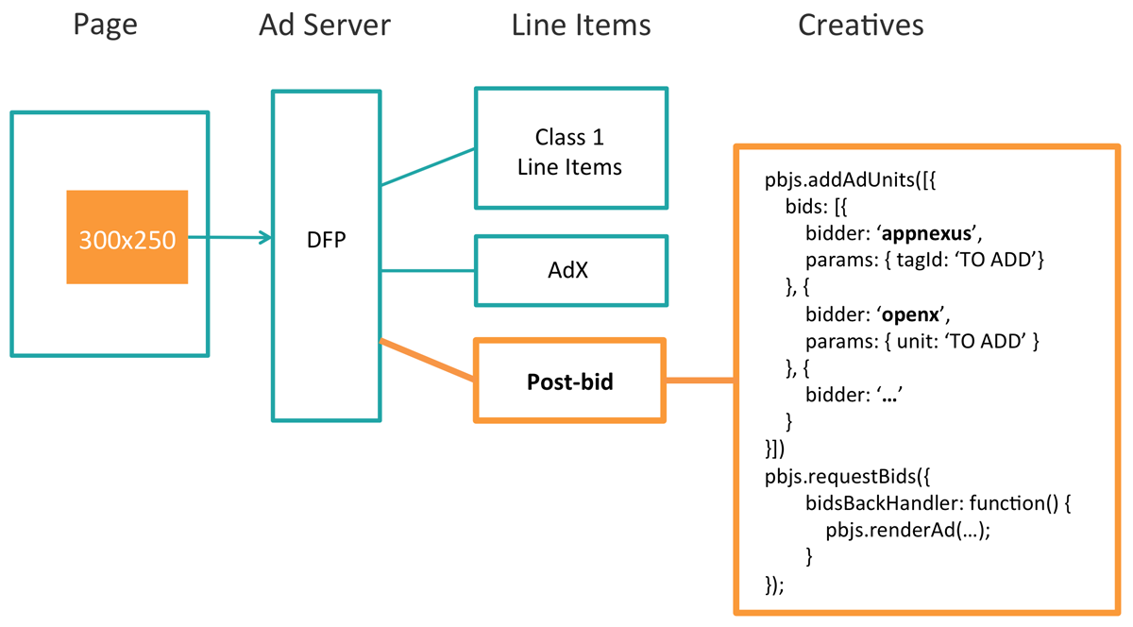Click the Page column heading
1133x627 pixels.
click(106, 25)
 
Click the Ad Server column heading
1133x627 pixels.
click(326, 25)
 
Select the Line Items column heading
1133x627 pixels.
click(581, 25)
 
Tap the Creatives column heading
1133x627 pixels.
click(860, 25)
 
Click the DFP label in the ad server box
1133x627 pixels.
click(327, 240)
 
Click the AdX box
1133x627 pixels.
click(570, 270)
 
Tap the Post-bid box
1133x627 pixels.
click(569, 380)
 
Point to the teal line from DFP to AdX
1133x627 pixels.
click(427, 271)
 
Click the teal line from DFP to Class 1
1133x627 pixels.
click(427, 166)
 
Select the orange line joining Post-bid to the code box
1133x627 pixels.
click(701, 381)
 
